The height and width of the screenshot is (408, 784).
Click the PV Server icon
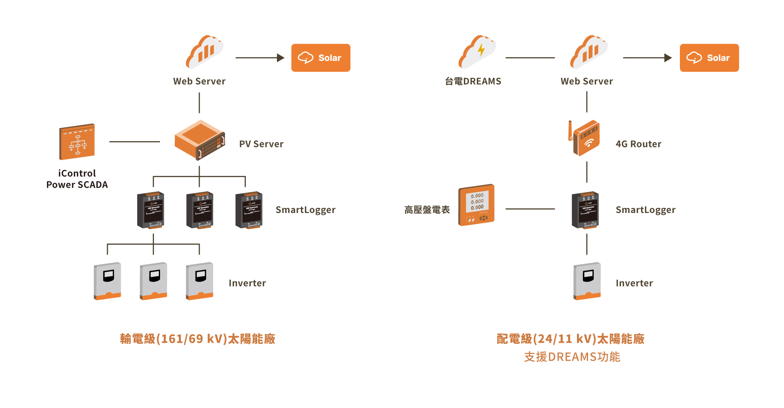tap(200, 140)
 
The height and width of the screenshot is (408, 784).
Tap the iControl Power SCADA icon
tap(77, 142)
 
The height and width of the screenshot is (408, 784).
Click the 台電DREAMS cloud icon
tap(477, 52)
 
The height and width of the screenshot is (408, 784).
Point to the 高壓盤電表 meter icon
tap(477, 205)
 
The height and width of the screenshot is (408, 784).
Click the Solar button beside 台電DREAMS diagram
tap(709, 58)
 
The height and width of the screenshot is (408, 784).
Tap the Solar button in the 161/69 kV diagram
tap(321, 58)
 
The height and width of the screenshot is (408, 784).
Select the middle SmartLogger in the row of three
tap(200, 210)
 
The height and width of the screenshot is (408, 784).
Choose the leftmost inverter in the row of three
tap(107, 281)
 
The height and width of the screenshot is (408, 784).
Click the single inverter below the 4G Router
tap(587, 281)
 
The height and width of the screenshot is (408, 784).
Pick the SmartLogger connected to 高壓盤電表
tap(585, 210)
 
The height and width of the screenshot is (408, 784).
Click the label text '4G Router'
tap(638, 144)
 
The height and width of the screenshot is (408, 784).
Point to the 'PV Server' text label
tap(261, 144)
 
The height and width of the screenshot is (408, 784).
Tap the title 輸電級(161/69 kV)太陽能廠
tap(198, 339)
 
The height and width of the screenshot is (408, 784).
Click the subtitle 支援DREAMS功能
tap(572, 357)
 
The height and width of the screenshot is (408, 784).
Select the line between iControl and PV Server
tap(134, 142)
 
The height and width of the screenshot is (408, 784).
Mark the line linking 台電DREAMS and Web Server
tap(530, 58)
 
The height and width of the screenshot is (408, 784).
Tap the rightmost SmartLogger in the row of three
tap(249, 210)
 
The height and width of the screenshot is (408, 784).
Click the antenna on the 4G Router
tap(570, 130)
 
